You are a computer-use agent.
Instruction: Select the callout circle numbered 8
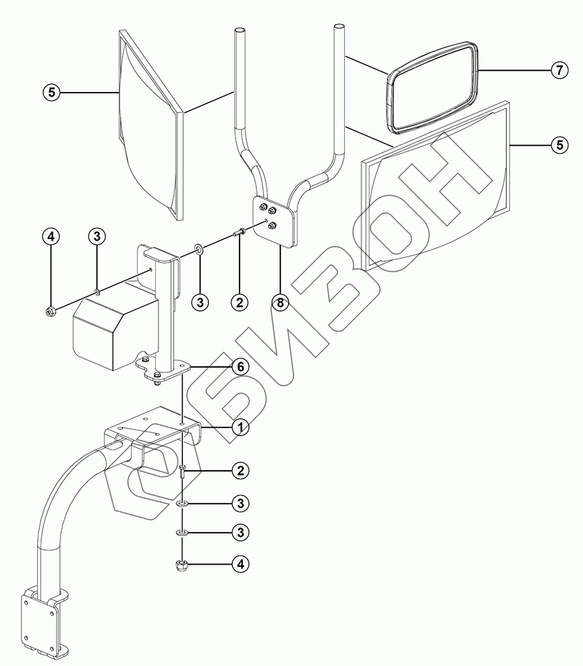coord(280,302)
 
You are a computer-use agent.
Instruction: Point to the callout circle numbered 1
coord(240,426)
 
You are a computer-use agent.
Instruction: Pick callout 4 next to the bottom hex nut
coord(240,564)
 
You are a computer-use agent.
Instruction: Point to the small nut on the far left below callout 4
coord(51,310)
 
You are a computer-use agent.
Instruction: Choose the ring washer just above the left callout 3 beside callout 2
coord(199,251)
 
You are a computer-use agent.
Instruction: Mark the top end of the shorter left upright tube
coord(240,31)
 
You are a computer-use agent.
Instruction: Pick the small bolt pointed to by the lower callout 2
coord(182,475)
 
